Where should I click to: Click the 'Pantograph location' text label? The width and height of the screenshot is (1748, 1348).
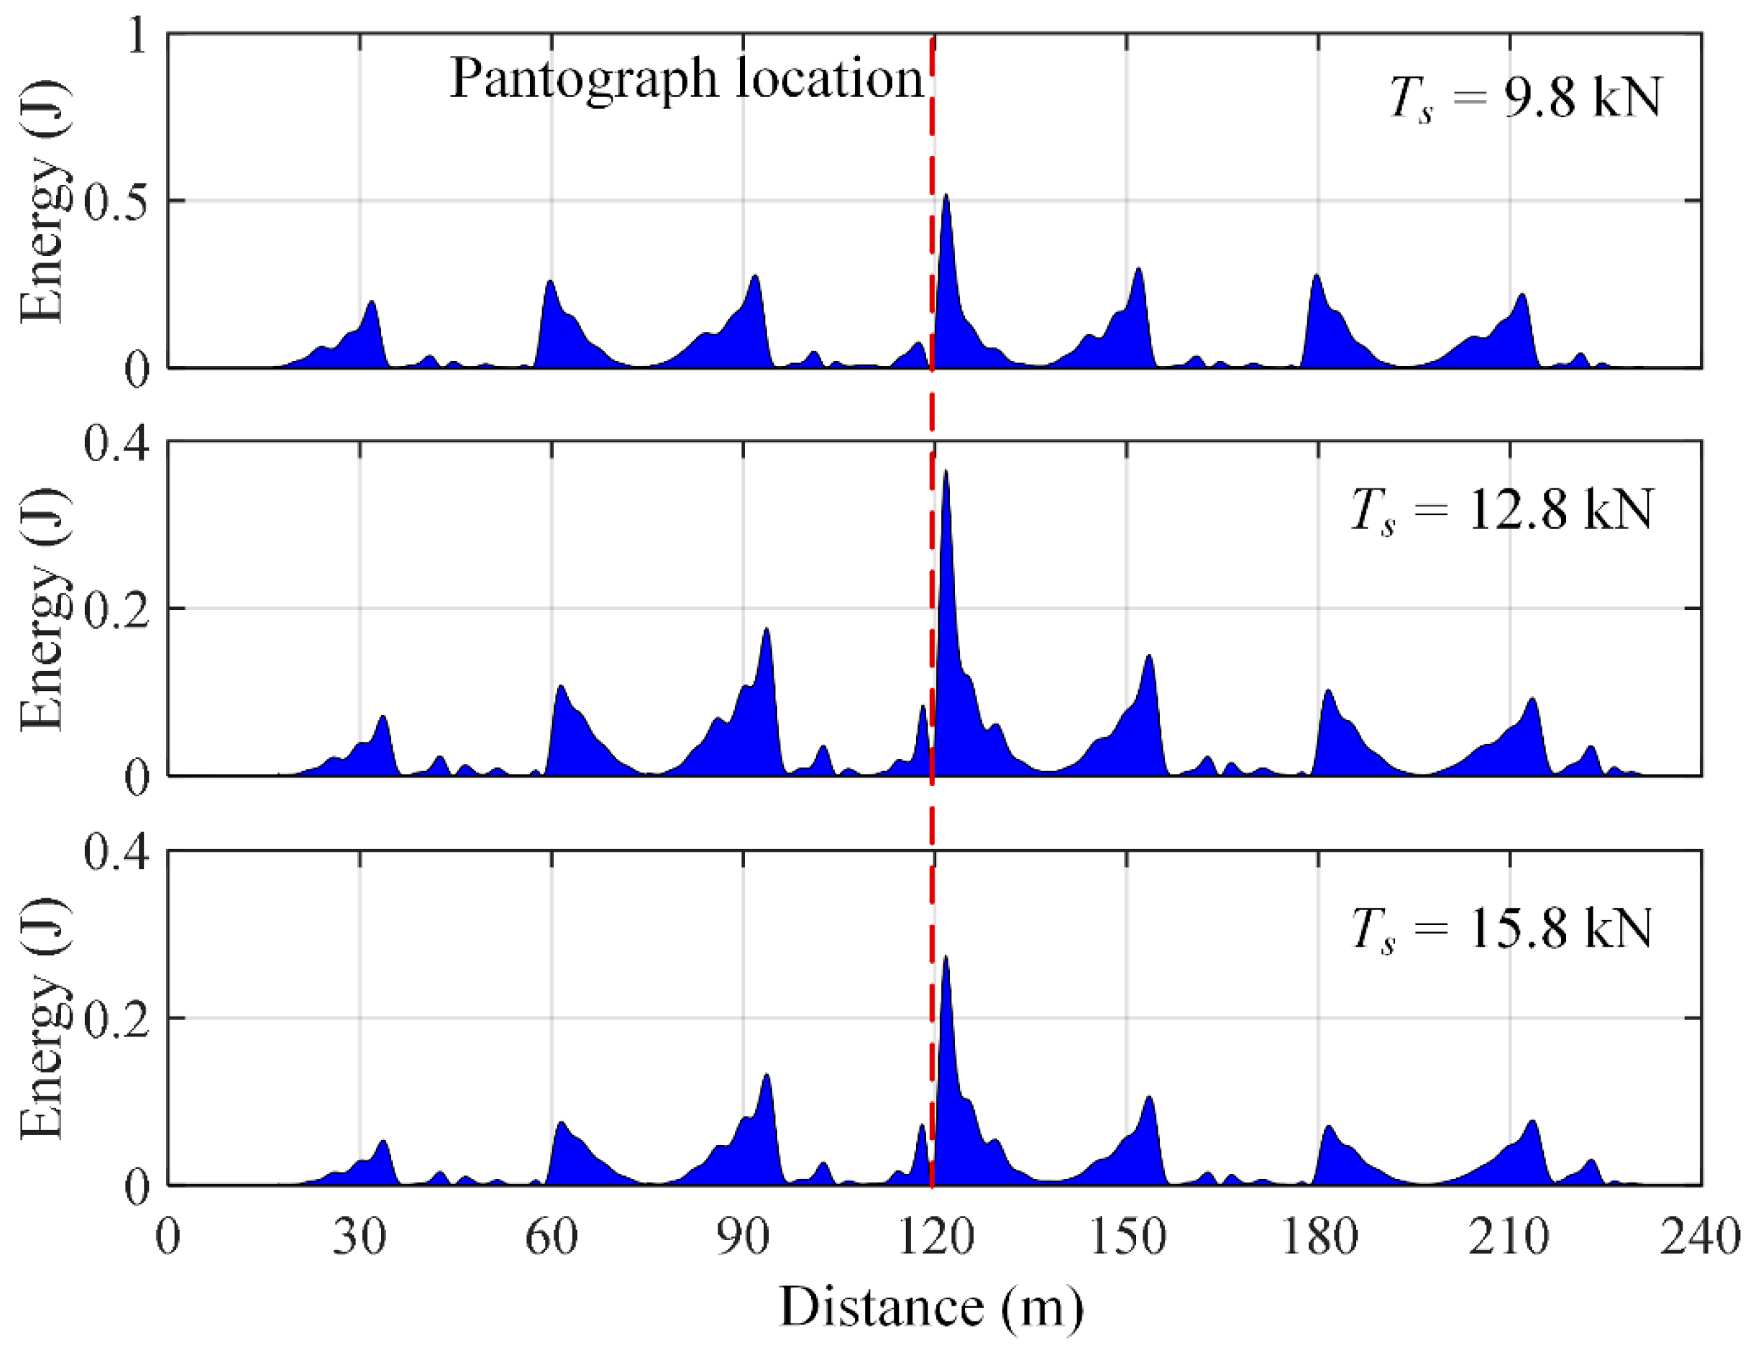coord(687,80)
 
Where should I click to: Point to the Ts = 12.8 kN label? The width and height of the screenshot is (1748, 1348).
coord(1502,511)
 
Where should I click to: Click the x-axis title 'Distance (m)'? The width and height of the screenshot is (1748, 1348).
coord(932,1306)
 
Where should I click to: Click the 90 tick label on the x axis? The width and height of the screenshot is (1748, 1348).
coord(743,1237)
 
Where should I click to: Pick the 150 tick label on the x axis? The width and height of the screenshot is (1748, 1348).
coord(1127,1237)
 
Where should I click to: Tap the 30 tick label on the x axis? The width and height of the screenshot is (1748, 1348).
coord(360,1237)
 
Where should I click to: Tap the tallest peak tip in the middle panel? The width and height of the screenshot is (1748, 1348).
coord(946,470)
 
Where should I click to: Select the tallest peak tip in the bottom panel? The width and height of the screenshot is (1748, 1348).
coord(946,957)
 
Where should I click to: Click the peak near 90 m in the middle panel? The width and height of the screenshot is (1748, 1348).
coord(766,629)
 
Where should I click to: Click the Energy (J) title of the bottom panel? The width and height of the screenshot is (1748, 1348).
coord(42,1019)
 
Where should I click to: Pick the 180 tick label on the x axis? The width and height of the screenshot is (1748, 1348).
coord(1319,1237)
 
